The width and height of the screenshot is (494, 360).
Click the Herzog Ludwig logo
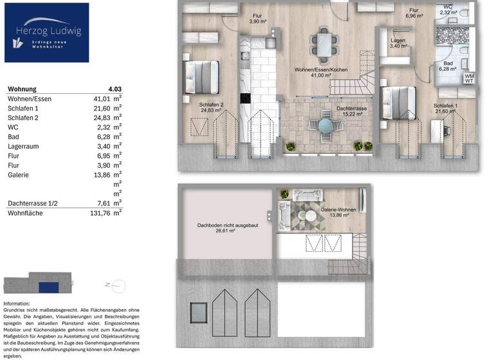(46, 32)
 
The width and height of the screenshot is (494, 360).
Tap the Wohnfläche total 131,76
(101, 213)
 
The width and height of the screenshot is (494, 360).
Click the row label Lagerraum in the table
(23, 146)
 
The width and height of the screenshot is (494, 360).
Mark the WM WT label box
(470, 78)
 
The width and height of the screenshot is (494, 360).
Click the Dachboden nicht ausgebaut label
(223, 229)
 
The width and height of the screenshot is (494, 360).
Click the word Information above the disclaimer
(17, 303)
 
